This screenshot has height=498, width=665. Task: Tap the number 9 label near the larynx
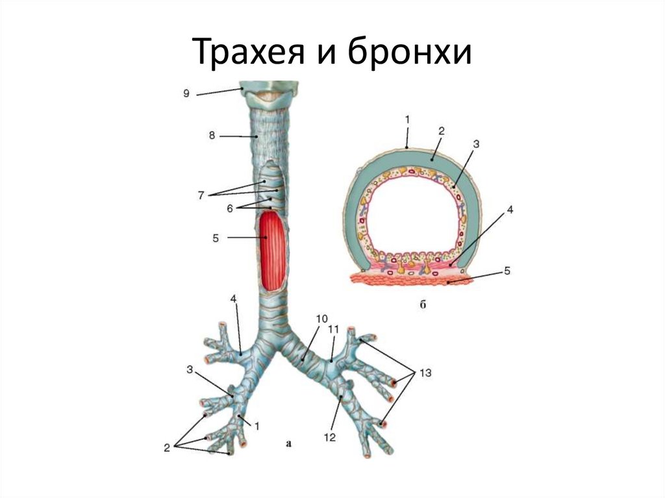(186, 93)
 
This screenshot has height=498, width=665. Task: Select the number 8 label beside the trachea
(212, 136)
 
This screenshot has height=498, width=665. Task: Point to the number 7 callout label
(201, 194)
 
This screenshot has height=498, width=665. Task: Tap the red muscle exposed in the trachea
(273, 250)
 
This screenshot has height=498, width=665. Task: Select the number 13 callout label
(425, 373)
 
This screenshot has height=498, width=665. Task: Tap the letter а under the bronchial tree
(289, 444)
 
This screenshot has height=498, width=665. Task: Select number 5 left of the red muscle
(215, 238)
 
